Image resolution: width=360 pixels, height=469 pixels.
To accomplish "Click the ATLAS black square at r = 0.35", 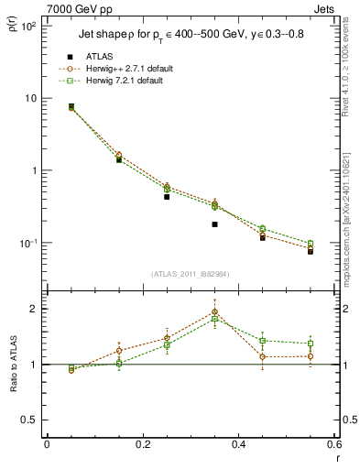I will click(x=214, y=224).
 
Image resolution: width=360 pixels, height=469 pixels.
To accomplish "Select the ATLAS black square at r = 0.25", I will click(x=167, y=197).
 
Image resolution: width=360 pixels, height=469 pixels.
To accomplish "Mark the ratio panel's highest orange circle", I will click(x=214, y=312).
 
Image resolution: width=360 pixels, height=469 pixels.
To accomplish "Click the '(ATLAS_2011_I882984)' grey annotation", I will click(x=190, y=274).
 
